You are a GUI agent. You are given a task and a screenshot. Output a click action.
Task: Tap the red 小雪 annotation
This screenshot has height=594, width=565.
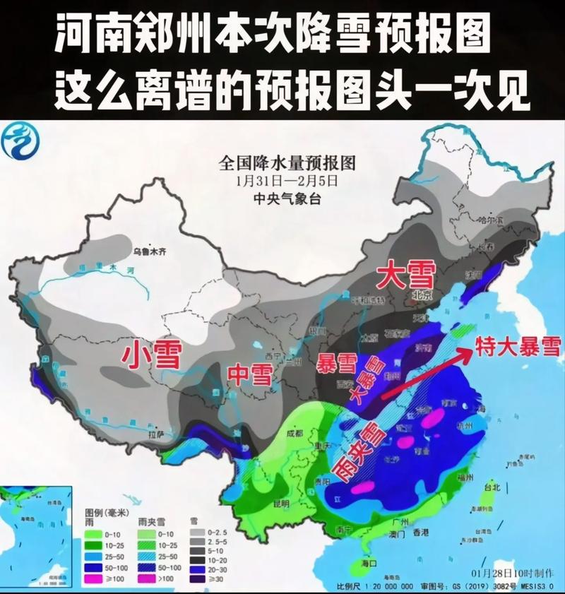(x=152, y=354)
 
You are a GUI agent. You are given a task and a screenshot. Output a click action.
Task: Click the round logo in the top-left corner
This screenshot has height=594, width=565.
(x=21, y=143)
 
